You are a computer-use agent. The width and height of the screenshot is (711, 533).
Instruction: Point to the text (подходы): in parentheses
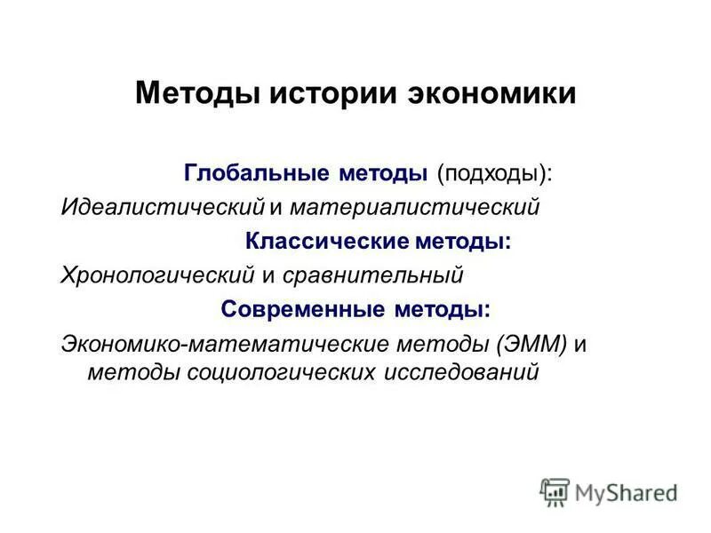click(x=494, y=172)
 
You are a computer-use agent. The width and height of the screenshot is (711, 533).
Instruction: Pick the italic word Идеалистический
click(x=163, y=207)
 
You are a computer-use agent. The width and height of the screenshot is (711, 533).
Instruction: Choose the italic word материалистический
click(x=413, y=207)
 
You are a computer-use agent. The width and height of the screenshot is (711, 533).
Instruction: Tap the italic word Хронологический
click(x=156, y=275)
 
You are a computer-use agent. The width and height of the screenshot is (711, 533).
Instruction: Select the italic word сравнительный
click(x=374, y=275)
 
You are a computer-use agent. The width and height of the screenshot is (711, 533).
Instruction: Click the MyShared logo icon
click(x=555, y=491)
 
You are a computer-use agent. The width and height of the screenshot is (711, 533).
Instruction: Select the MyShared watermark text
click(x=626, y=491)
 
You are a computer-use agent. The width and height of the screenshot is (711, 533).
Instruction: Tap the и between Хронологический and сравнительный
click(x=268, y=275)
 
